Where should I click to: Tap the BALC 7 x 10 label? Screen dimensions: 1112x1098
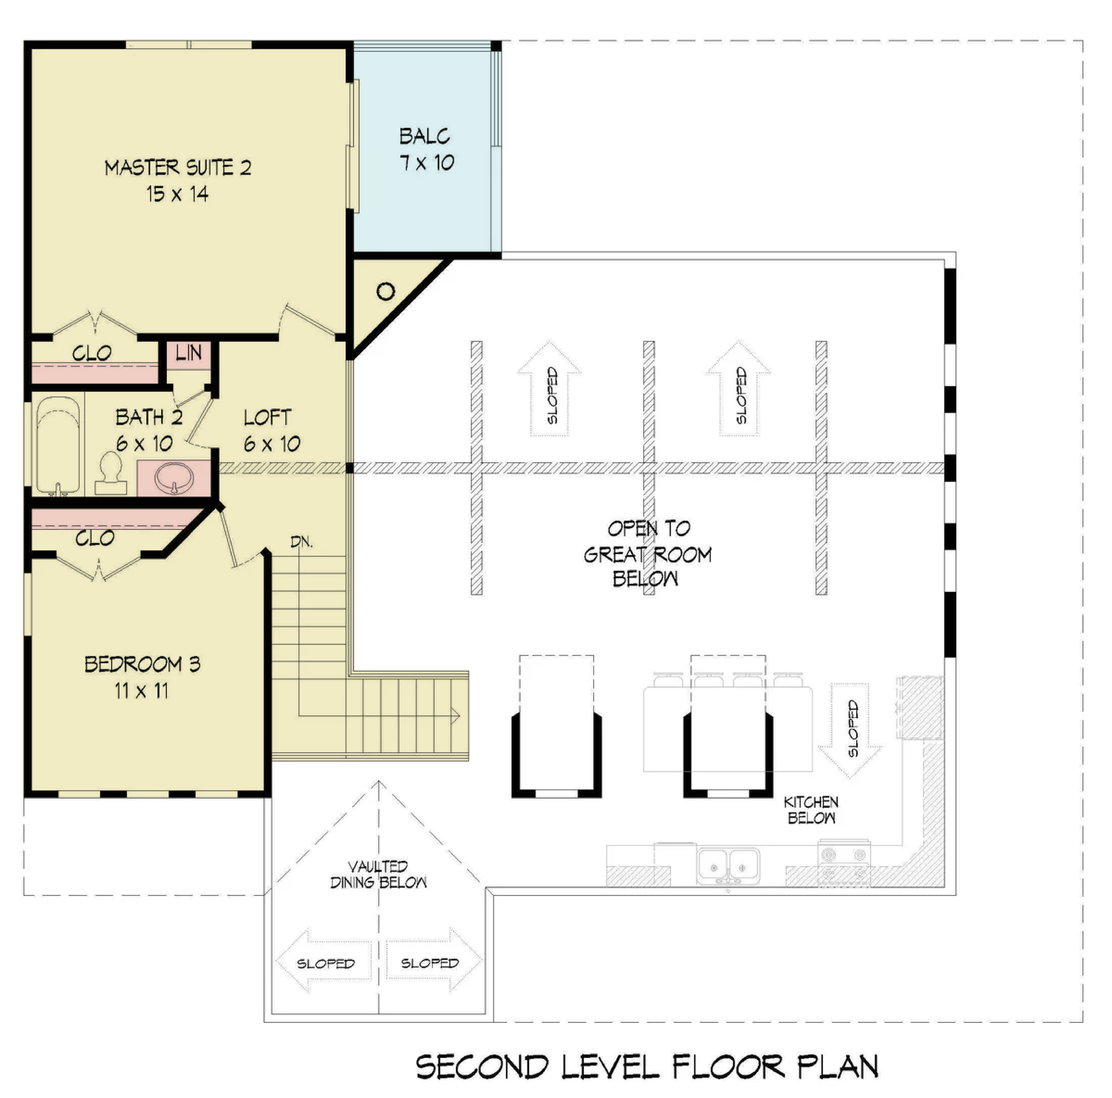tap(426, 149)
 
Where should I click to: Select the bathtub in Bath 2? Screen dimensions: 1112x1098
tap(58, 445)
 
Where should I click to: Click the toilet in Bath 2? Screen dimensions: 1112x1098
tap(111, 473)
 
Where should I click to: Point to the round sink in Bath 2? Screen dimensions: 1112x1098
tap(174, 478)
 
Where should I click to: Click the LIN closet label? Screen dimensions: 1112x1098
tap(188, 353)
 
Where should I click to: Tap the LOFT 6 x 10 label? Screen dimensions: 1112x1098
tap(272, 430)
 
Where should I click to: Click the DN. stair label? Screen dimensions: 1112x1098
tap(301, 541)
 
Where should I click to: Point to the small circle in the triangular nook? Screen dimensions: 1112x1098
tap(386, 292)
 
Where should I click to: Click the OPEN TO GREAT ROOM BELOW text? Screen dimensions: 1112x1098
tap(648, 553)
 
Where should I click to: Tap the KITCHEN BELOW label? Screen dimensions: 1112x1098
tap(811, 809)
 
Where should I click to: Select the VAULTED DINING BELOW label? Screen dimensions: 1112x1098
tap(378, 874)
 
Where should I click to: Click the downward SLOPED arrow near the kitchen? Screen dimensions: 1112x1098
tap(850, 730)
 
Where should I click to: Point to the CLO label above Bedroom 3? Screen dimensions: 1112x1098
tap(95, 538)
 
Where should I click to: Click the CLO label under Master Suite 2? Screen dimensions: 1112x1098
tap(92, 353)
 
